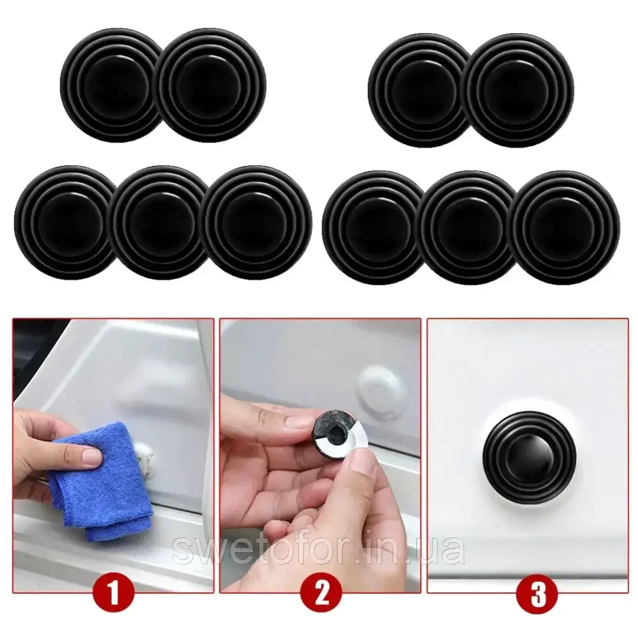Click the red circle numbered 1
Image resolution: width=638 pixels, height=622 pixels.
[114, 594]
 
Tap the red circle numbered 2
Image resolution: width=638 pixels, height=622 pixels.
[322, 594]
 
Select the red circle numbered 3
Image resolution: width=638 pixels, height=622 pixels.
[538, 594]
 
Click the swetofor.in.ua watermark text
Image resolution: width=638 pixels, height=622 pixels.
[319, 549]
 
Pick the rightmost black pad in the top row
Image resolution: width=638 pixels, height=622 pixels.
[520, 90]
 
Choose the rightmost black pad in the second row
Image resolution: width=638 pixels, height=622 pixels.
[565, 228]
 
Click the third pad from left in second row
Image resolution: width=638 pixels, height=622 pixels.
[257, 223]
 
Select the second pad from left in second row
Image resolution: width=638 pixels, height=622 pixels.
[160, 223]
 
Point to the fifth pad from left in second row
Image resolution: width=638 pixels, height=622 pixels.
[468, 228]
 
